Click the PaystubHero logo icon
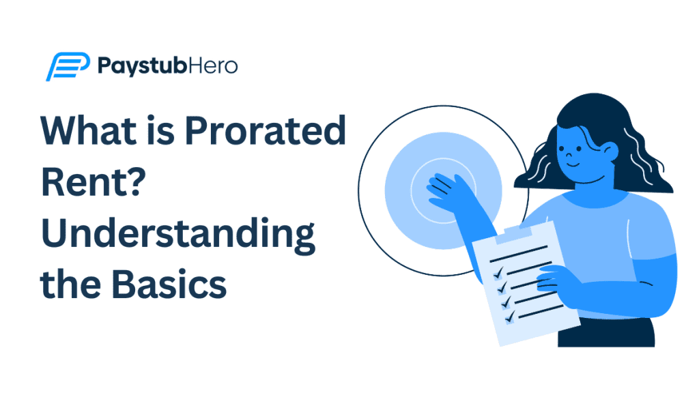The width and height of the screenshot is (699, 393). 67,66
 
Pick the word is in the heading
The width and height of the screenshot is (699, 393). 169,132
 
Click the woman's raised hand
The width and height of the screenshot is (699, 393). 447,190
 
